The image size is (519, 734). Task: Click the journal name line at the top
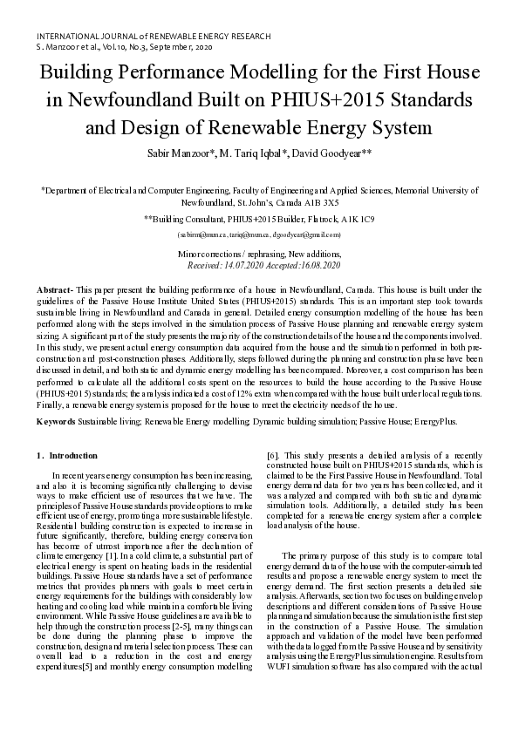tap(153, 36)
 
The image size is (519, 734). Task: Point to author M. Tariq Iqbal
tap(270, 153)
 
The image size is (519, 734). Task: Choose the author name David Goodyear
tap(336, 153)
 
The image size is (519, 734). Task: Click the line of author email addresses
tap(259, 235)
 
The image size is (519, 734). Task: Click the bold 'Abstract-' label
tap(55, 289)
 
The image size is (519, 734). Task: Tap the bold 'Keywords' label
tap(56, 421)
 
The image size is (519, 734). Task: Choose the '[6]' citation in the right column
tap(271, 455)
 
